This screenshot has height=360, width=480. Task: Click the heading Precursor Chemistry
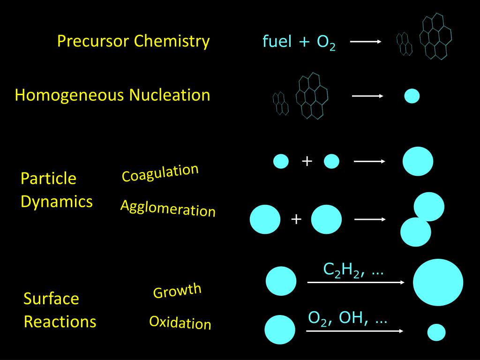(x=133, y=41)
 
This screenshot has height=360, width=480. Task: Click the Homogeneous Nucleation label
(x=112, y=95)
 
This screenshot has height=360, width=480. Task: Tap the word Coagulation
(x=160, y=172)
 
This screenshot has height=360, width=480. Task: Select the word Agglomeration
(x=168, y=208)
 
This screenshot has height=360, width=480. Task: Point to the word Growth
(x=177, y=291)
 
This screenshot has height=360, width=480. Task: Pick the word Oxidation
(x=180, y=322)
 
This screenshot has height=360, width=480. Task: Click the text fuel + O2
(x=299, y=42)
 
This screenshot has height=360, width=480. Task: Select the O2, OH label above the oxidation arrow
(x=347, y=318)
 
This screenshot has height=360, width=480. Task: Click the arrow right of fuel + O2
(x=366, y=42)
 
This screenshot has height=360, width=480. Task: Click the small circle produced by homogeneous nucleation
(x=412, y=96)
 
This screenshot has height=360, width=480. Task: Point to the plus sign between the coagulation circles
(x=307, y=161)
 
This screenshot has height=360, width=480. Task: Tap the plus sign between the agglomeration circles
(x=296, y=219)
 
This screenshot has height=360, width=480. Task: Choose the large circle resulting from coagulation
(x=418, y=161)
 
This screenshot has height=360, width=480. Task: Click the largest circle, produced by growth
(x=438, y=282)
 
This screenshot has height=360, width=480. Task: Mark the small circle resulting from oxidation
(x=436, y=332)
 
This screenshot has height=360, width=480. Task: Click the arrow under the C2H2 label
(x=355, y=282)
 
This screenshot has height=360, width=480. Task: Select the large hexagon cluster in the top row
(x=435, y=36)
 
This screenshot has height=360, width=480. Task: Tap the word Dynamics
(x=57, y=202)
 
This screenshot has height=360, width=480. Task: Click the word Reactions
(x=60, y=322)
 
